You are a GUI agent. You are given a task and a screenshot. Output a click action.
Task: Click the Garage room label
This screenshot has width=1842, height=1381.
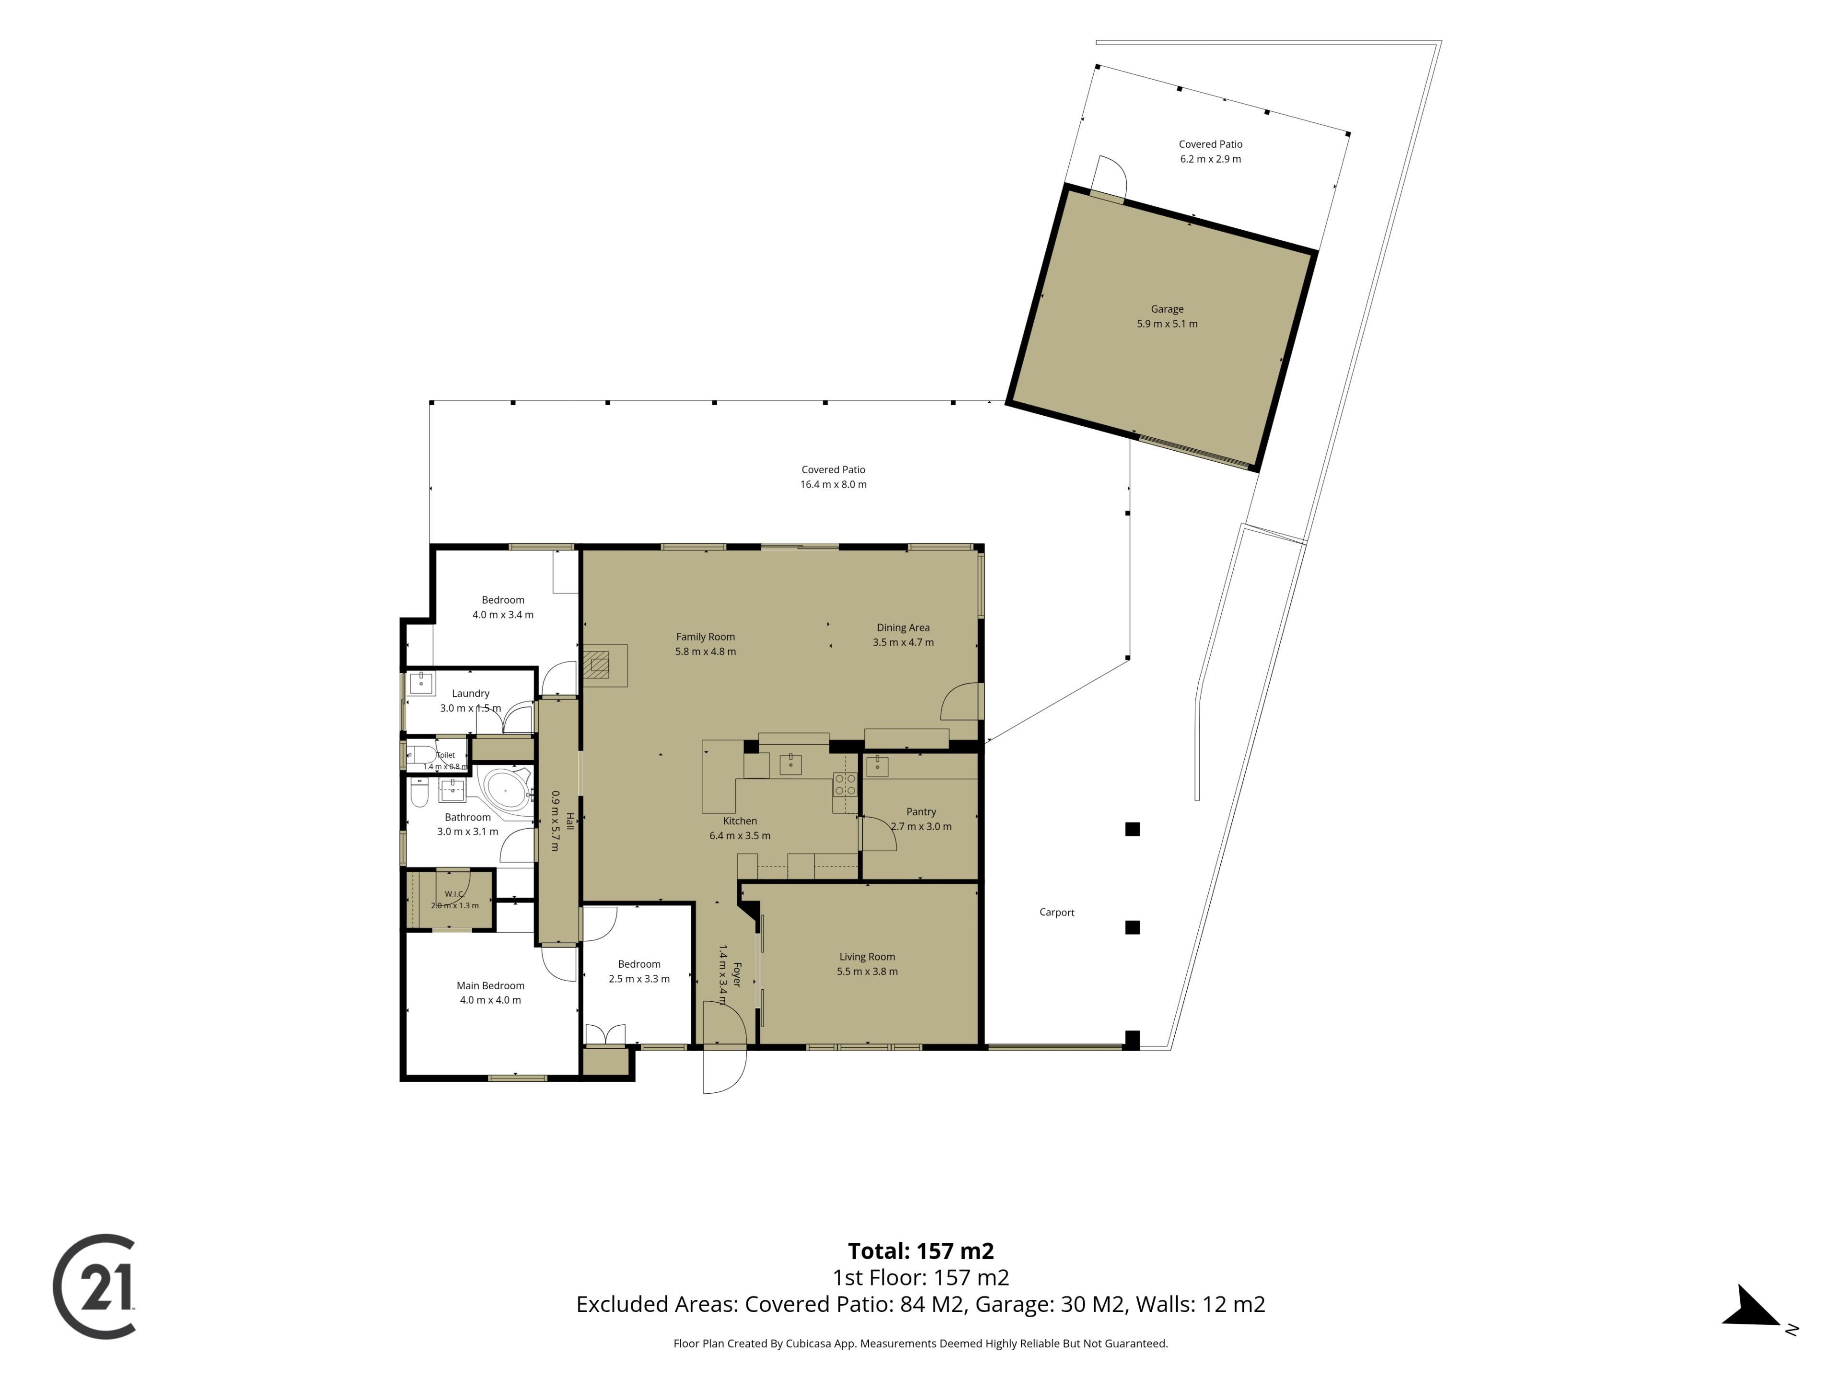1167,309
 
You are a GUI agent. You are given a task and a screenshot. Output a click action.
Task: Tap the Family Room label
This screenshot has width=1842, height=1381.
705,637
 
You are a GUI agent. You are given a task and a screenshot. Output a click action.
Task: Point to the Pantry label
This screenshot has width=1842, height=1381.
921,812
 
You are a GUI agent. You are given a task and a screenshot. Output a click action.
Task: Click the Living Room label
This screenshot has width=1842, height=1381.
867,957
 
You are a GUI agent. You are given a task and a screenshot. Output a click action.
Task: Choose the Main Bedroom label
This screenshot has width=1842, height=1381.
490,985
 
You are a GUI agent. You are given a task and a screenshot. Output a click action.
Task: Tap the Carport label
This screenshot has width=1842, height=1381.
1057,913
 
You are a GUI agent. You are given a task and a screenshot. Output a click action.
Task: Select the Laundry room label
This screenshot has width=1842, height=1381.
471,693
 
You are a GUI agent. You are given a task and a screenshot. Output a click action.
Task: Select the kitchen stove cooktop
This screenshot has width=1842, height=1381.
844,784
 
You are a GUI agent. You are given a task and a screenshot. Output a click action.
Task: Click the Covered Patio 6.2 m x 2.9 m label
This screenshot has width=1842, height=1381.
1210,152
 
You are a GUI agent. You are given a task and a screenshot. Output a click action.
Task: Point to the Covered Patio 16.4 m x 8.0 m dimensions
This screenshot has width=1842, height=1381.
834,484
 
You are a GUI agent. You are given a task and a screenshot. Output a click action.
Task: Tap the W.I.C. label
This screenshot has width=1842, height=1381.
454,894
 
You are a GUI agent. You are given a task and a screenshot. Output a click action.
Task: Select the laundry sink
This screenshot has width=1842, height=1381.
421,683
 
